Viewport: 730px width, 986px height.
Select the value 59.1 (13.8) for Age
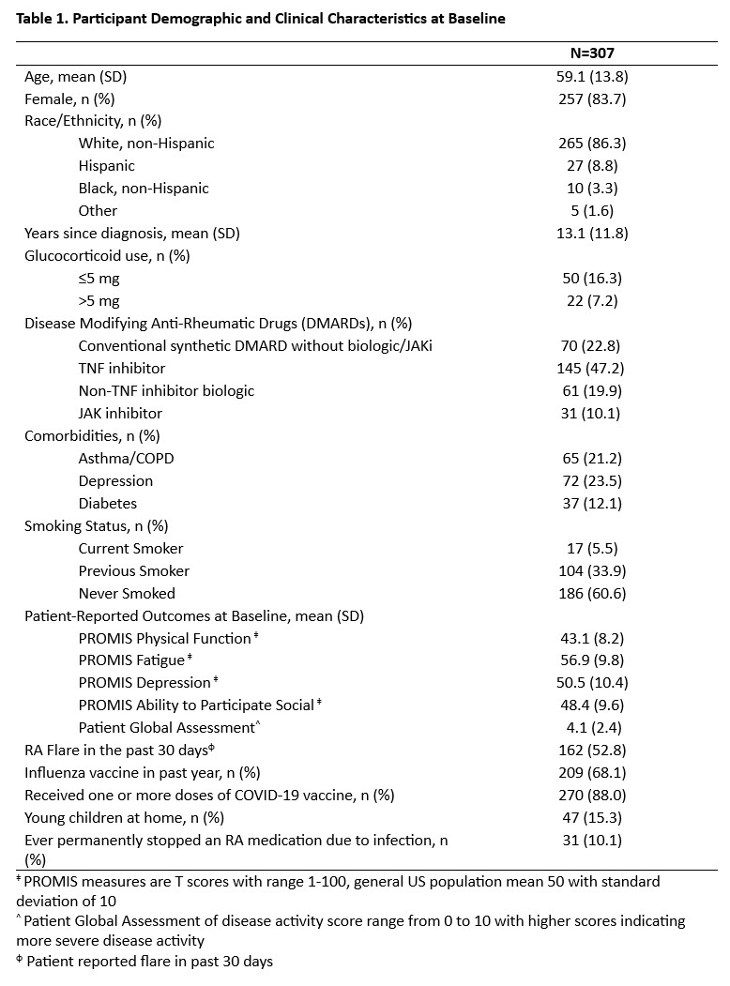point(589,76)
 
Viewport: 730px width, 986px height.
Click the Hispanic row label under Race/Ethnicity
point(106,166)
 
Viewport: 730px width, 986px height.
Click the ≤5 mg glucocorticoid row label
point(99,279)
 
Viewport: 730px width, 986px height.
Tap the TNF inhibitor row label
point(122,369)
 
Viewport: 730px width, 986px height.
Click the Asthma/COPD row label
point(126,459)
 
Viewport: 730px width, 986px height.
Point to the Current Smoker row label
point(130,549)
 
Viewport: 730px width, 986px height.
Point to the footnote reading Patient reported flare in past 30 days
point(149,962)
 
